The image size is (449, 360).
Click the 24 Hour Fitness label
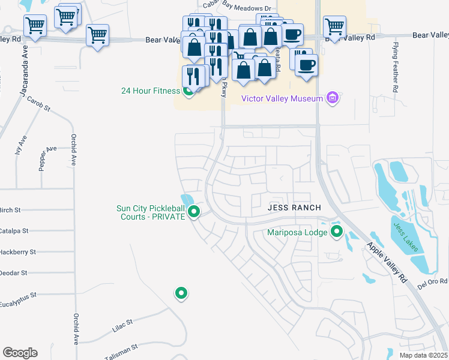coord(150,91)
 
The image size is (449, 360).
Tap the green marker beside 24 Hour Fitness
coord(188,91)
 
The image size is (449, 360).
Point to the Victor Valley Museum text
coord(282,98)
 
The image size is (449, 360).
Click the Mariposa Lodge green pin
coord(336,232)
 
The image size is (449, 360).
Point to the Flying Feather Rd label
coord(395,67)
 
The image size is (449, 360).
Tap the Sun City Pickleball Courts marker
coord(193,212)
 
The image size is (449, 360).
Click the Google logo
coord(20,353)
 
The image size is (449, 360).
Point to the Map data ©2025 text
coord(423,355)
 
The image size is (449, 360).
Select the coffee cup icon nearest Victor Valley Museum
coord(306,65)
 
